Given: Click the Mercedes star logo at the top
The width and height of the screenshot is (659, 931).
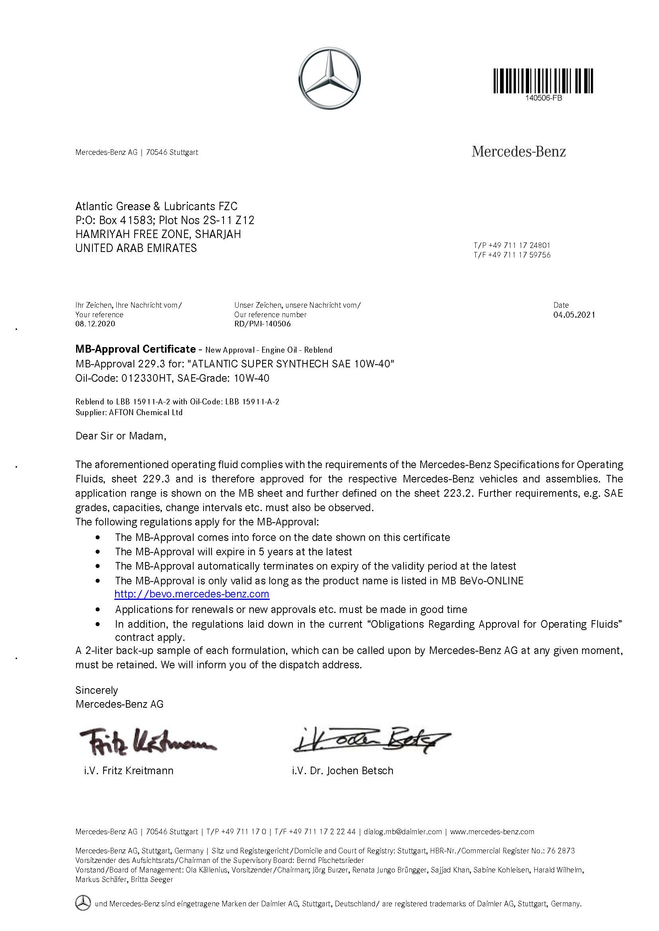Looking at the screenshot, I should point(329,79).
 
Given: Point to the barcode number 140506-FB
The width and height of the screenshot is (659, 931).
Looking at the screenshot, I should point(543,98).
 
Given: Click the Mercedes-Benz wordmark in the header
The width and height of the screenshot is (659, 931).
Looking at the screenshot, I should point(519,152).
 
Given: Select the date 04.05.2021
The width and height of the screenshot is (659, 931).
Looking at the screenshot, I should point(574,315).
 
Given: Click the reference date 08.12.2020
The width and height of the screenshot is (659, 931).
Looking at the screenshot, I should point(95,324).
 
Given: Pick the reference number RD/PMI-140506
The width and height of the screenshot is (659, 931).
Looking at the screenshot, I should point(262,324).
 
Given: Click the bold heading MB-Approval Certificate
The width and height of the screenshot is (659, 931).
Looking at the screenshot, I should point(135,349).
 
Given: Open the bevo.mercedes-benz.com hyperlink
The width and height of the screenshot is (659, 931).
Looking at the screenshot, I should point(192,594).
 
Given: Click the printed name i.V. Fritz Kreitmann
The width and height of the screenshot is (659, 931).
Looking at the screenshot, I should point(129,771).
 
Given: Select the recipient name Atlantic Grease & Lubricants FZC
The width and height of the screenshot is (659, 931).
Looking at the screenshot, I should point(156,207).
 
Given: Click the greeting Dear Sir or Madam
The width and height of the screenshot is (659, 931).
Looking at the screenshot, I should point(120,436).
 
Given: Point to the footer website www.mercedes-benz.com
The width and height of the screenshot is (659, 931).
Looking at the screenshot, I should point(492,831).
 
